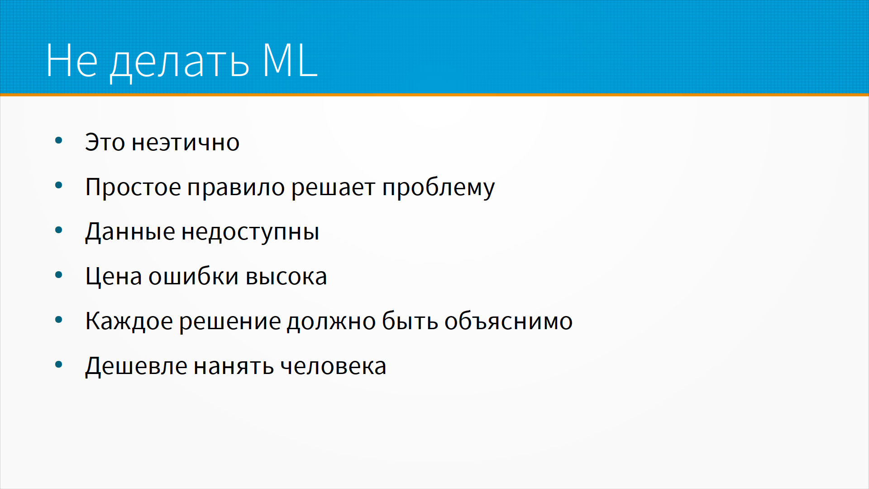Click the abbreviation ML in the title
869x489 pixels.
(x=290, y=60)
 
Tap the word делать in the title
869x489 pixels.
(x=180, y=63)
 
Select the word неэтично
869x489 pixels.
(x=186, y=143)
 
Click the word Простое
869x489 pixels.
(x=133, y=187)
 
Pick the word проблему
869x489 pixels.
(x=439, y=187)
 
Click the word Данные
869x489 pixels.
(x=130, y=232)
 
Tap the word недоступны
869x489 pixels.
(x=250, y=232)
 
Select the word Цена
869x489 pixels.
(x=114, y=276)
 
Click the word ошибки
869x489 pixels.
(x=193, y=276)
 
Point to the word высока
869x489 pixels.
(x=286, y=277)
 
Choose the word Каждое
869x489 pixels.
(x=129, y=321)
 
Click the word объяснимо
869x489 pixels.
(x=508, y=321)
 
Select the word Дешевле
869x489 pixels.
(x=136, y=366)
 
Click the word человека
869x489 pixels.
(x=333, y=366)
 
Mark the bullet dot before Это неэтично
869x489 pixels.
(x=58, y=140)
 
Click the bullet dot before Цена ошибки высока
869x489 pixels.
(x=58, y=275)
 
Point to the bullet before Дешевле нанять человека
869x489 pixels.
(x=58, y=364)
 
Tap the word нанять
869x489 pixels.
(x=234, y=366)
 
